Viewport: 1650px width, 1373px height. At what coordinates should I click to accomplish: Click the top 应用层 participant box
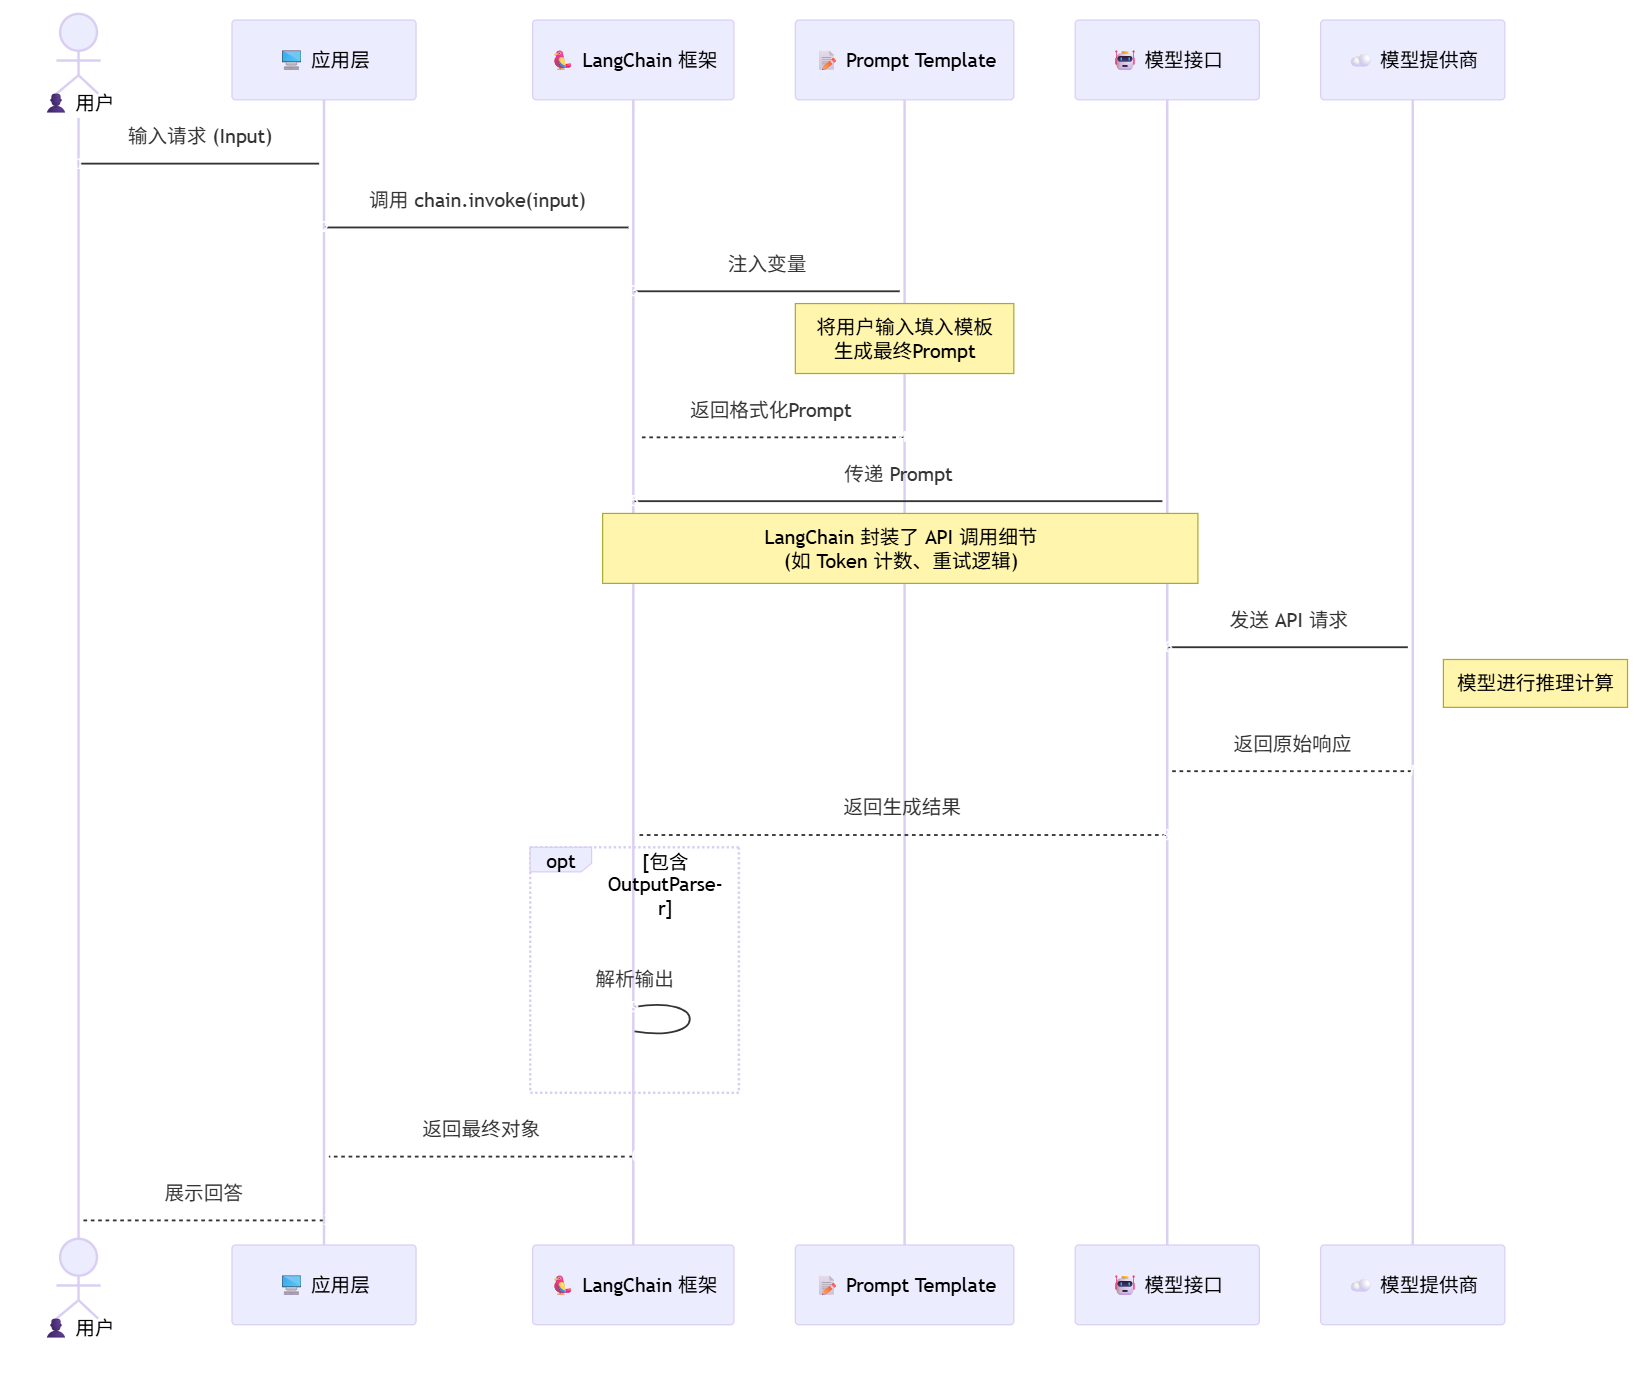point(323,60)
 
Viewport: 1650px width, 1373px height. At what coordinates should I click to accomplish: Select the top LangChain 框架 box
point(632,60)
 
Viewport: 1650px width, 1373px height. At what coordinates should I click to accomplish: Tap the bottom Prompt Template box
point(904,1285)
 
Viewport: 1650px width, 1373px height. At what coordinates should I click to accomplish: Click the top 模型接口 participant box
point(1166,60)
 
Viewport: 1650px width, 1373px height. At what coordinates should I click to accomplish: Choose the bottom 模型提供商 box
point(1412,1285)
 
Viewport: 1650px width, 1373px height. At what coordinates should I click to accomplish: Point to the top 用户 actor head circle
point(78,32)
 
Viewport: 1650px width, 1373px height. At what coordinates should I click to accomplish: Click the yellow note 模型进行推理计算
point(1534,683)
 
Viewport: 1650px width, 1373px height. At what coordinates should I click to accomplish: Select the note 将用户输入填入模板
point(904,339)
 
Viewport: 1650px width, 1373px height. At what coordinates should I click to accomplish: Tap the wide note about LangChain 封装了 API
point(899,549)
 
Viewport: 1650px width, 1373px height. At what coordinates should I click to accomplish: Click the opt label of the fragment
point(560,861)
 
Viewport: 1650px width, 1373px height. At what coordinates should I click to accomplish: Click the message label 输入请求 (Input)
point(200,136)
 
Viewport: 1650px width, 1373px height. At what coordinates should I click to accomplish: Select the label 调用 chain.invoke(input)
point(477,200)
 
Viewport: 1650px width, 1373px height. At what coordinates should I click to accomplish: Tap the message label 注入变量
point(767,264)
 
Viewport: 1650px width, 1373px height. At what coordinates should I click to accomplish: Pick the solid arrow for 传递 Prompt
point(899,501)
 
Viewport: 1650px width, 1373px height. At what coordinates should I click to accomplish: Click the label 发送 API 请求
point(1288,620)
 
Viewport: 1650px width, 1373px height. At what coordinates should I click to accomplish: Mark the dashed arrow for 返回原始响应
point(1290,771)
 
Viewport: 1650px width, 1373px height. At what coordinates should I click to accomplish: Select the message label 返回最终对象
point(480,1129)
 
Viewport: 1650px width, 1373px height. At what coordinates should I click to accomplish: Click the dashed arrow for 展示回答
point(202,1220)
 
